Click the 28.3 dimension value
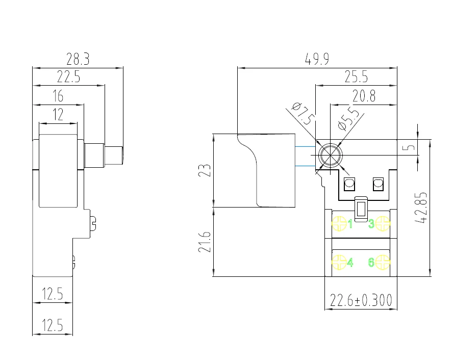click(x=78, y=59)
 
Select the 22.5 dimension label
click(x=68, y=78)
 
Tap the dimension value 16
click(x=58, y=96)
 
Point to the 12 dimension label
click(x=58, y=114)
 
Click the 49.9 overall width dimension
click(x=317, y=59)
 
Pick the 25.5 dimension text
click(x=356, y=78)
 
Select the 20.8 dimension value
click(x=363, y=96)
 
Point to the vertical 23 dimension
click(x=204, y=171)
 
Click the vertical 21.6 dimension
click(x=204, y=242)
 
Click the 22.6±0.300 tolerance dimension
click(x=361, y=301)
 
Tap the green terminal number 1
click(x=350, y=223)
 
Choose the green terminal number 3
click(x=371, y=223)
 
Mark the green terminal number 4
click(x=350, y=263)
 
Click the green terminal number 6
click(x=371, y=263)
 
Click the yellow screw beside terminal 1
click(x=339, y=223)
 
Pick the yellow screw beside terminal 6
click(x=383, y=262)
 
